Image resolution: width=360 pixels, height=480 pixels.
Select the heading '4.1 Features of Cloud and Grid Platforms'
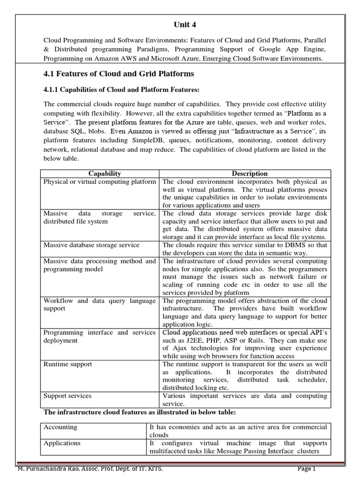[x=119, y=74]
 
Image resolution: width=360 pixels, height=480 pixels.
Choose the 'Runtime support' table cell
[x=67, y=364]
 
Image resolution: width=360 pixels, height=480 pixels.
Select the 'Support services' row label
[x=67, y=396]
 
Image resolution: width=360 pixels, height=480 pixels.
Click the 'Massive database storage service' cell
[x=91, y=245]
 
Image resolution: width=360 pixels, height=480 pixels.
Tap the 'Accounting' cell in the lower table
[x=60, y=427]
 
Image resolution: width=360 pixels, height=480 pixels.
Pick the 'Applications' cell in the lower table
[x=62, y=443]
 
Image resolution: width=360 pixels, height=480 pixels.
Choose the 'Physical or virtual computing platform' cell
[x=100, y=182]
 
